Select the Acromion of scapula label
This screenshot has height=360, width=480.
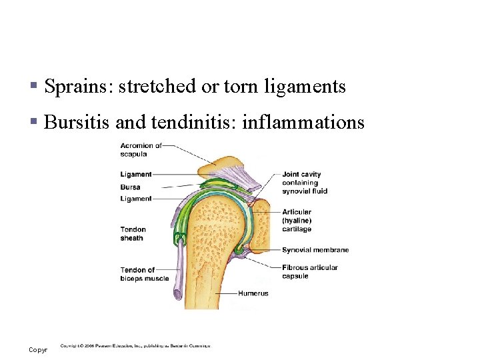(141, 149)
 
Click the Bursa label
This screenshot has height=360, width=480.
(130, 187)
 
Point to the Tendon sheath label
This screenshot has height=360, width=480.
(133, 233)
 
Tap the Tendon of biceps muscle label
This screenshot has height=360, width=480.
(144, 274)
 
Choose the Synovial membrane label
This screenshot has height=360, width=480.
(315, 250)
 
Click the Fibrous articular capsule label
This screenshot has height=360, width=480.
(309, 271)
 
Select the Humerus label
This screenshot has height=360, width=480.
(253, 293)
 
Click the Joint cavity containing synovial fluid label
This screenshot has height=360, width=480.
(304, 183)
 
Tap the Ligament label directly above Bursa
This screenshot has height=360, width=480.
(135, 175)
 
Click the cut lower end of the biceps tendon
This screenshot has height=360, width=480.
(179, 293)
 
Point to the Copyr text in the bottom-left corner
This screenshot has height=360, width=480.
(38, 350)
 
